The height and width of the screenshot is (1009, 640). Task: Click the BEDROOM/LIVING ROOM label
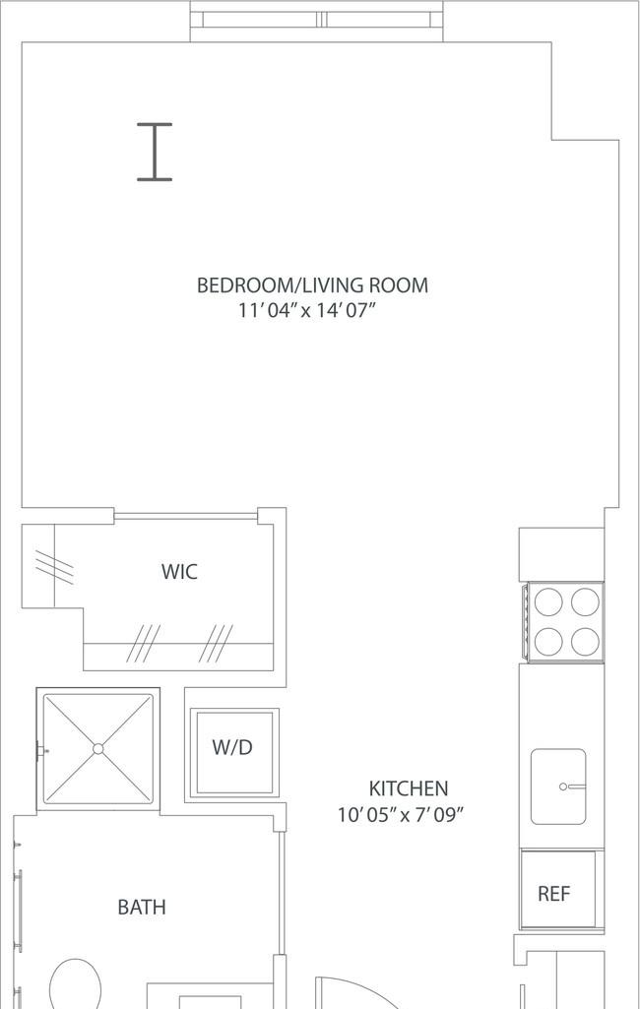coord(312,285)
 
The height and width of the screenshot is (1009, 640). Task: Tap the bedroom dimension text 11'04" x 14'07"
coord(306,311)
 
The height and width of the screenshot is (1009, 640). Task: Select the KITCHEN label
coord(409,788)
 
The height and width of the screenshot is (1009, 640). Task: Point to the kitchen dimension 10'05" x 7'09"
coord(401,815)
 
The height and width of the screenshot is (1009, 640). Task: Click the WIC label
coord(179,571)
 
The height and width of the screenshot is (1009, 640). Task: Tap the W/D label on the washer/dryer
coord(232,748)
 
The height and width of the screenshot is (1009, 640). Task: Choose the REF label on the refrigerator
coord(553,893)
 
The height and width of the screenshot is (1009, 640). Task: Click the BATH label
coord(142,908)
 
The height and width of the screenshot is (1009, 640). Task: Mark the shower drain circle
coord(97,749)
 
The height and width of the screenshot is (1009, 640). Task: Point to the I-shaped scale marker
coord(155,152)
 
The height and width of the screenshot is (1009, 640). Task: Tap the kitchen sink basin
coord(558,787)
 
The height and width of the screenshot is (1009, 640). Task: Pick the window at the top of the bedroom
coord(317,20)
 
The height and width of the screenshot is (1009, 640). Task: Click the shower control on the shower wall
coord(40,750)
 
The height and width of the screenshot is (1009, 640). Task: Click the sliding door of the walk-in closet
coord(186,516)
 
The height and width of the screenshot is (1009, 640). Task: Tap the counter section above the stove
coord(561,554)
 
